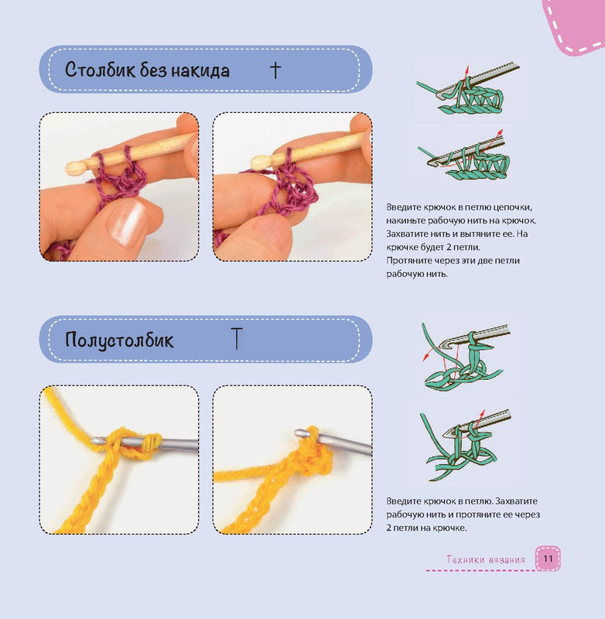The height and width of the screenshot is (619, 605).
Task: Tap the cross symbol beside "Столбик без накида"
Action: tap(275, 70)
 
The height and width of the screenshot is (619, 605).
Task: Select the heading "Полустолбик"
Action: tap(119, 340)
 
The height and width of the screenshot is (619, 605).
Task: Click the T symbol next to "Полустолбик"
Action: tap(237, 338)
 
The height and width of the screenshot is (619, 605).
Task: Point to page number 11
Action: tap(548, 558)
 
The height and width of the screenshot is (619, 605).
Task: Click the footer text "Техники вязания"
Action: tap(486, 559)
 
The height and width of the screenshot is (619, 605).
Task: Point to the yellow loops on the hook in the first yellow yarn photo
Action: tap(136, 443)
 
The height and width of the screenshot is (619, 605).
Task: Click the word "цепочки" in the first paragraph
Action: tap(513, 207)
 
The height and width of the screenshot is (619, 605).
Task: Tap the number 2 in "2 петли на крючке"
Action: tap(388, 528)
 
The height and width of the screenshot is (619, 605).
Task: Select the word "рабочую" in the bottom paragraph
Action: tap(402, 515)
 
